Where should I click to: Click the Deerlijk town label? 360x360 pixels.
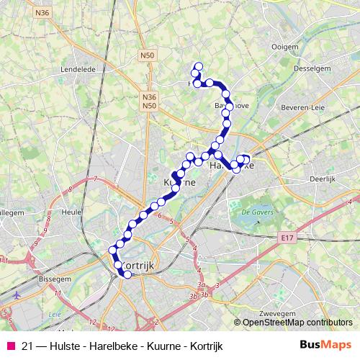tap(323, 177)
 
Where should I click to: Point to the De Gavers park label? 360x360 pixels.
tap(253, 212)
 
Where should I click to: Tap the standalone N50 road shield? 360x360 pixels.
tap(147, 55)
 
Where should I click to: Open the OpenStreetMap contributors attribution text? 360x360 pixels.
tap(297, 322)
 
